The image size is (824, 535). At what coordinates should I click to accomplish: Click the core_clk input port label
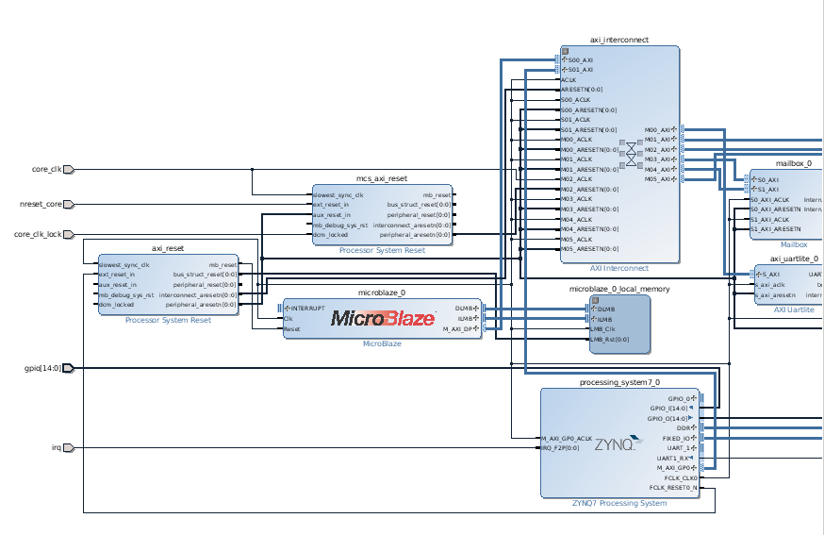click(x=46, y=170)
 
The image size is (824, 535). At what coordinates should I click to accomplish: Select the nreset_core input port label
click(x=41, y=204)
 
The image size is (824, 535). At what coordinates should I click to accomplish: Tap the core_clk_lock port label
click(x=38, y=235)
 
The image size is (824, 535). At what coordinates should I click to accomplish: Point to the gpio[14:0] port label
click(x=41, y=368)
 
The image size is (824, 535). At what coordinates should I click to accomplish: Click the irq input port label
click(x=56, y=447)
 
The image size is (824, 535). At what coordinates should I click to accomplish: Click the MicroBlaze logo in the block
click(x=382, y=318)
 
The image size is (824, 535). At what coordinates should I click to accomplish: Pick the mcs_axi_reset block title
click(x=381, y=177)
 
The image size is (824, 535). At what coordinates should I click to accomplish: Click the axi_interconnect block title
click(x=618, y=41)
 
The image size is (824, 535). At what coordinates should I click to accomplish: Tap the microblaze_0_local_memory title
click(x=619, y=289)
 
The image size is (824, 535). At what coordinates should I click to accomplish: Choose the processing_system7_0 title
click(x=619, y=382)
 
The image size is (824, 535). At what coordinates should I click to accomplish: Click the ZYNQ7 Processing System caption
click(x=619, y=503)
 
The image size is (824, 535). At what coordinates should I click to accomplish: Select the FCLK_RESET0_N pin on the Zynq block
click(x=673, y=488)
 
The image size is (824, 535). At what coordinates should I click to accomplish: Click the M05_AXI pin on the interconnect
click(x=657, y=179)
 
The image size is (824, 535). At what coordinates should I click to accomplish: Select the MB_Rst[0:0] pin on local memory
click(x=611, y=339)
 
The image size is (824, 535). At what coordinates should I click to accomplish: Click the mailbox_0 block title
click(x=793, y=163)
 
